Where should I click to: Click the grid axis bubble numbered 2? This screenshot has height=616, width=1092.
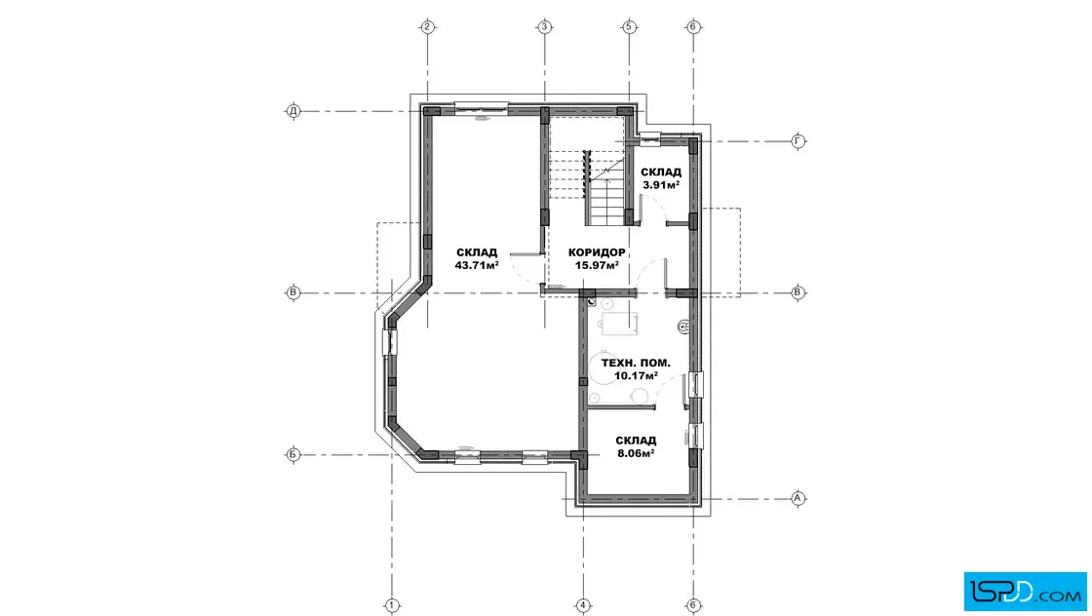tap(427, 27)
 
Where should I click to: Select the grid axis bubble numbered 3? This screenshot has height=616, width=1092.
tap(545, 27)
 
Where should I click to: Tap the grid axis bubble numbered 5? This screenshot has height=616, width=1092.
tap(629, 27)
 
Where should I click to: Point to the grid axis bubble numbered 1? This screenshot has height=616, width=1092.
tap(392, 605)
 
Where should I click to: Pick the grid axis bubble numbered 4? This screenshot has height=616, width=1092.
tap(583, 605)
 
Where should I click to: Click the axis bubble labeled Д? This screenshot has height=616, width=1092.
tap(293, 111)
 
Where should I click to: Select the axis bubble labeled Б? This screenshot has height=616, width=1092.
tap(293, 455)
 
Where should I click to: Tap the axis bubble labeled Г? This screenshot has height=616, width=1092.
tap(799, 141)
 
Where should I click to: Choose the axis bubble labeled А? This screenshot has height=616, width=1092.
tap(799, 498)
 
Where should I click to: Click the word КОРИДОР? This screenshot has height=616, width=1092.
tap(597, 252)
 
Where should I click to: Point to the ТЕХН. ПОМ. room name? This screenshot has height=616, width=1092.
tap(636, 364)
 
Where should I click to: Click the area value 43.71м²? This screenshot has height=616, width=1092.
tap(477, 265)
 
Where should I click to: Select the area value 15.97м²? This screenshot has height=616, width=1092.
tap(597, 265)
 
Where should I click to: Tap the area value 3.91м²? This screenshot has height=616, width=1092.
tap(661, 185)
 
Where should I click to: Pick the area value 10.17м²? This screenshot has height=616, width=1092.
tap(636, 376)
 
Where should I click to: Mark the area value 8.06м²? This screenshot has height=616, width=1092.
tap(636, 453)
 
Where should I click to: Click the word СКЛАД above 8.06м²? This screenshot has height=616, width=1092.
tap(636, 441)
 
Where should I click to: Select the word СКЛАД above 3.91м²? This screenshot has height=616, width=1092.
tap(661, 172)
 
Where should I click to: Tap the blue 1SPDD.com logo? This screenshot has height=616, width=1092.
tap(1025, 592)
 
